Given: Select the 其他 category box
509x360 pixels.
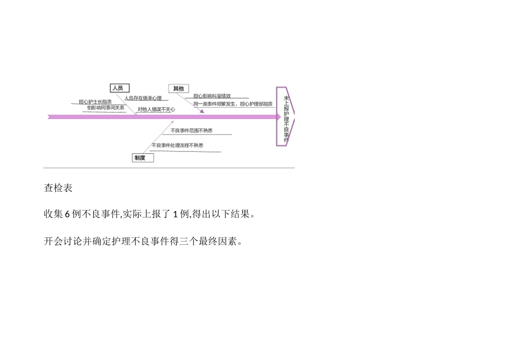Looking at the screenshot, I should click(x=178, y=88).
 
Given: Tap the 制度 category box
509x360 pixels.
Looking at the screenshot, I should click(x=143, y=158).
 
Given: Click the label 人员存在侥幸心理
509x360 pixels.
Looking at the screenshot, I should click(x=143, y=98).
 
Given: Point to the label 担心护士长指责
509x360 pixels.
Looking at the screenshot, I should click(x=95, y=102).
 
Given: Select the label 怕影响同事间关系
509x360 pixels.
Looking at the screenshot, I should click(x=106, y=108).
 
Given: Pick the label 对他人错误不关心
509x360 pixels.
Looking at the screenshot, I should click(x=156, y=109).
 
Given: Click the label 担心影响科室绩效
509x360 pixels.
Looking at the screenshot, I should click(x=212, y=96).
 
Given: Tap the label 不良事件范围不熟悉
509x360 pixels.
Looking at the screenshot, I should click(x=191, y=131).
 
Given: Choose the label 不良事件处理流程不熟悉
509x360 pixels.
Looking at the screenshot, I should click(x=177, y=145).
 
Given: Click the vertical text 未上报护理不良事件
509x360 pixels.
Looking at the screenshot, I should click(x=286, y=117).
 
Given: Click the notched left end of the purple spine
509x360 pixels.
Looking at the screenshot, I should click(x=50, y=116).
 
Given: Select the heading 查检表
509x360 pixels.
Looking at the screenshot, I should click(x=58, y=188).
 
